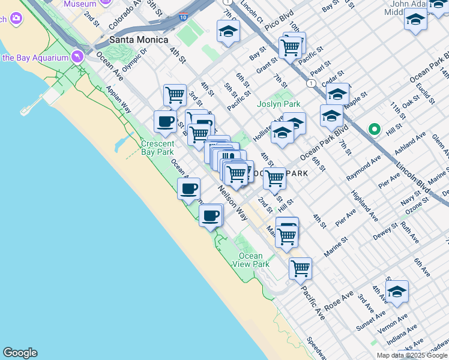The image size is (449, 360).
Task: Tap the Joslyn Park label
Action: coord(279,104)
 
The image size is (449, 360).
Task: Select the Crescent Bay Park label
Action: coord(157,148)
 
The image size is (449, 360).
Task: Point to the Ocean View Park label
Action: coord(250,260)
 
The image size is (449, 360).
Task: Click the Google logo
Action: coord(20,353)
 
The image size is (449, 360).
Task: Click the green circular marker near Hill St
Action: coord(375,129)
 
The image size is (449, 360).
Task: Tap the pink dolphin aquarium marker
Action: coord(77,58)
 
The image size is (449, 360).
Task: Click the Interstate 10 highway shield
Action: coord(183,19)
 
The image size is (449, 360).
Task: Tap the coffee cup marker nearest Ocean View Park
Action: coord(211,215)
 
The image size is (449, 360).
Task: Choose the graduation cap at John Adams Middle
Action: coord(415,21)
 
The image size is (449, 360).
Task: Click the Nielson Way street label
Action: coord(233,202)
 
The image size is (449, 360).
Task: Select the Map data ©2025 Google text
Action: coord(412,355)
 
